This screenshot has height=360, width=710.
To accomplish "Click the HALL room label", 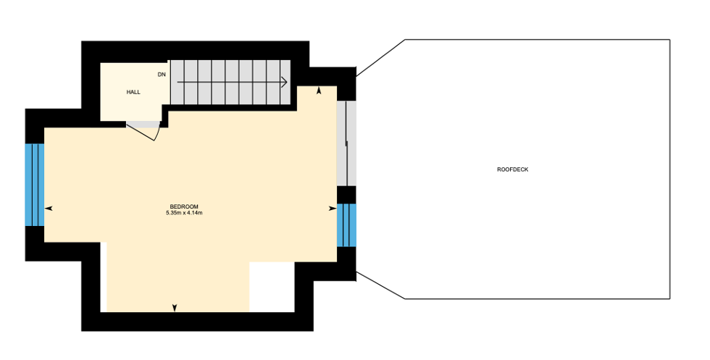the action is point(133,92).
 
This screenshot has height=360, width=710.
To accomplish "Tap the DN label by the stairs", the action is point(162,75).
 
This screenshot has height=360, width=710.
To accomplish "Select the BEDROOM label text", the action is point(184,207).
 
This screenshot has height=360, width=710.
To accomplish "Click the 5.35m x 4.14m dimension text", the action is point(184,213).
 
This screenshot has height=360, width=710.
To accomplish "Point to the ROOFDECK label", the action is point(513,169).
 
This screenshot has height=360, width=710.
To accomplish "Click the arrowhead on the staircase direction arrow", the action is point(284,82).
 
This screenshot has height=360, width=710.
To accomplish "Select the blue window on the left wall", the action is point(35,185).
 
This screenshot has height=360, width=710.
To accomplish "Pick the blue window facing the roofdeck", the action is point(347,225).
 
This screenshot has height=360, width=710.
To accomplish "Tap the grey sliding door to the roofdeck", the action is point(346,143).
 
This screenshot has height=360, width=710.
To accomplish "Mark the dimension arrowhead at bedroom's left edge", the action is point(49,209).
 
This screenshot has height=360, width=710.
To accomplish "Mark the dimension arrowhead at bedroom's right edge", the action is point(333,209).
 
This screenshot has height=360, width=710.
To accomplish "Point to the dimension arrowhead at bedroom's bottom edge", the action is point(175,308).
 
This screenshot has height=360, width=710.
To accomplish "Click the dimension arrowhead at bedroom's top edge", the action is point(319,91).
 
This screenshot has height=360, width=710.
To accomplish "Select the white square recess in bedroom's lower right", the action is point(272,287).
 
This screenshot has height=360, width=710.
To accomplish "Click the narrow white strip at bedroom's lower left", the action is point(103,277).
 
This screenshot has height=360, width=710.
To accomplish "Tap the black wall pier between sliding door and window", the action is point(347,195).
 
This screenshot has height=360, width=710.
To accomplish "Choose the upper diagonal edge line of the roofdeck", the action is point(380,58).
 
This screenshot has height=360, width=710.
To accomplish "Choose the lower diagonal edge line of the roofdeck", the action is point(380,285).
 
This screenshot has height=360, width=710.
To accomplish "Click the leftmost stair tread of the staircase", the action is point(177,82).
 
